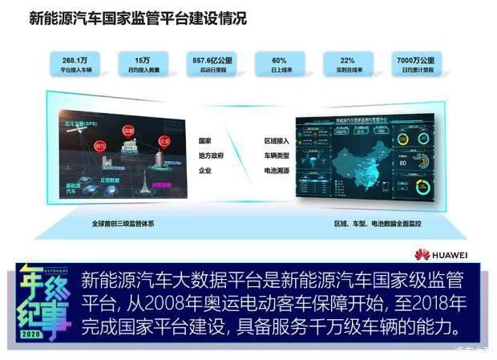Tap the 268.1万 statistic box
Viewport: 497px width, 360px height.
tap(76, 65)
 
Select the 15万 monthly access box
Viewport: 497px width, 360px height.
tap(143, 65)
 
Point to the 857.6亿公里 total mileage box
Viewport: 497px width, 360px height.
tap(211, 65)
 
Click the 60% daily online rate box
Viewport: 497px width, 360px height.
tap(279, 65)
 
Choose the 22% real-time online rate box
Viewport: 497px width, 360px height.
tap(347, 65)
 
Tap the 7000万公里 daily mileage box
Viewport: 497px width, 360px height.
tap(415, 65)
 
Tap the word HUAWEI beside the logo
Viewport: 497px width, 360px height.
tap(451, 255)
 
